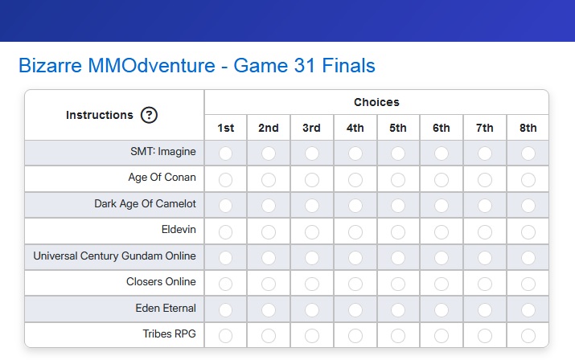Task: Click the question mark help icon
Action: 149,115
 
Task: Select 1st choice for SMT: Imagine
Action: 225,153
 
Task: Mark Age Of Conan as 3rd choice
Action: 312,180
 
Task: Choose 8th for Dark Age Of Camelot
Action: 528,205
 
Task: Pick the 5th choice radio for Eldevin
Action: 398,231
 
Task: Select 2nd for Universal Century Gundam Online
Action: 269,258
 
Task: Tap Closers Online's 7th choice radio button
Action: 485,284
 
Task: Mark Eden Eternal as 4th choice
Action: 355,310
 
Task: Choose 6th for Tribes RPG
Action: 442,335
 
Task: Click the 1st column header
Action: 225,128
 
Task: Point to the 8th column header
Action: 528,128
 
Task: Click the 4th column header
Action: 355,128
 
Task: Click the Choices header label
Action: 376,102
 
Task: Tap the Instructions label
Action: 100,115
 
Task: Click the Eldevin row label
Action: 179,230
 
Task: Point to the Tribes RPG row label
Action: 169,334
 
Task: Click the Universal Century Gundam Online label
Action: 114,256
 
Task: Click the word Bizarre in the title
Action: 50,66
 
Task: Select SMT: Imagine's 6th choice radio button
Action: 442,153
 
